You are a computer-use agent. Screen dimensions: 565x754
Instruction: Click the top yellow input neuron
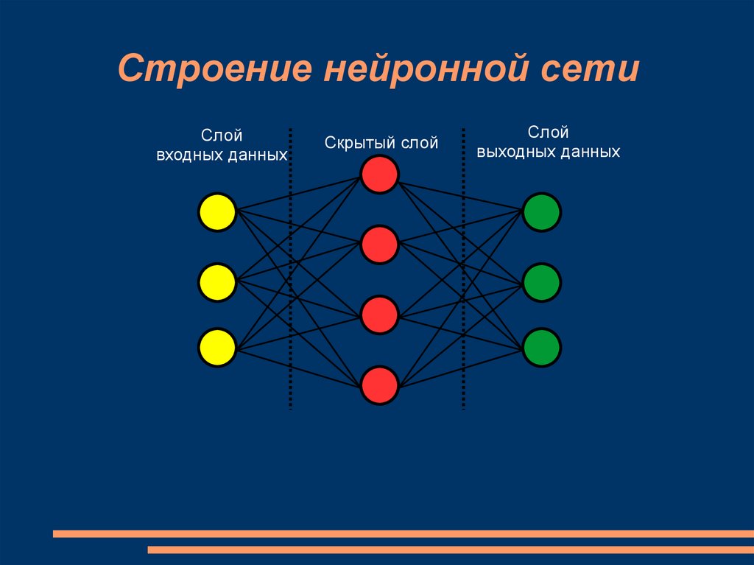[x=216, y=212]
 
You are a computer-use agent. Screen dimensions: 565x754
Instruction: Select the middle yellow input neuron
[x=216, y=281]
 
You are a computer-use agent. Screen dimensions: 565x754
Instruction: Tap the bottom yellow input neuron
[x=216, y=347]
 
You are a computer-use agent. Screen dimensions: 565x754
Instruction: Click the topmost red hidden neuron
[x=379, y=175]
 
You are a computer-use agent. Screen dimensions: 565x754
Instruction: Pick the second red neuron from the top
[x=379, y=245]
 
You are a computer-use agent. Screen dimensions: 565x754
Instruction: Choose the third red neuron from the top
[x=379, y=315]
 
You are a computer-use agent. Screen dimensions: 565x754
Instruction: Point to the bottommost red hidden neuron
[x=379, y=384]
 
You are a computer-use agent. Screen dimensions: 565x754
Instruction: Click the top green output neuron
[x=542, y=212]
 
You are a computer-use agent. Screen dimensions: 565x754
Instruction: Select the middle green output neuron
[x=542, y=281]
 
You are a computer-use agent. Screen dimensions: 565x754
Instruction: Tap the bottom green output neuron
[x=542, y=347]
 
